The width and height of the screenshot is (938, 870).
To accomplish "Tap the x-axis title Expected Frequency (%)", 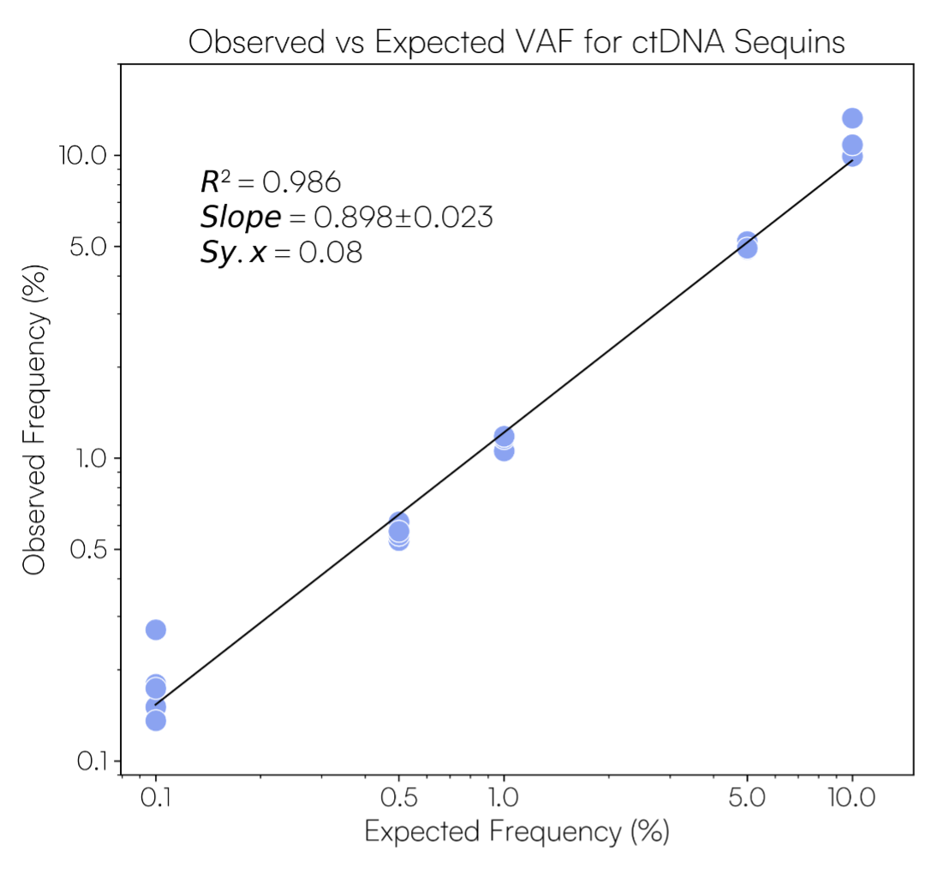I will pos(517,831).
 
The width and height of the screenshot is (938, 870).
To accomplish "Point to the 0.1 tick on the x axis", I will pos(155,799).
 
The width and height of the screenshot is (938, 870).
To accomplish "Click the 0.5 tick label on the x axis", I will pos(398,799).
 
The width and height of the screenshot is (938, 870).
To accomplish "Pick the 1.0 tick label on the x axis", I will pos(505,799).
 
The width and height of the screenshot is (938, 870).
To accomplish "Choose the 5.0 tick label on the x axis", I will pos(747,799).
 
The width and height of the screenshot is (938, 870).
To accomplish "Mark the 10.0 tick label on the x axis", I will pos(851,799).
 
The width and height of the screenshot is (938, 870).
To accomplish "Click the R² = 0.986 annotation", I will pos(271,182).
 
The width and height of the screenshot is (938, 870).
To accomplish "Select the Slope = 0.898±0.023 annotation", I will pos(346,218).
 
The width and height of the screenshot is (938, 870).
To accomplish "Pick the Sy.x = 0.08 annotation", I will pos(281,253).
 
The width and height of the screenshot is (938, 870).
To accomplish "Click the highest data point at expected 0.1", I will pos(156,630).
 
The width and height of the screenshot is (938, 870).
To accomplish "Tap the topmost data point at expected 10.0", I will pos(851,118).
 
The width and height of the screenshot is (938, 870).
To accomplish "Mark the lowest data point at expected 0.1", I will pos(156,720).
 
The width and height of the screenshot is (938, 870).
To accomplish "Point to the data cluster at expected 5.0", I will pos(747,245).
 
